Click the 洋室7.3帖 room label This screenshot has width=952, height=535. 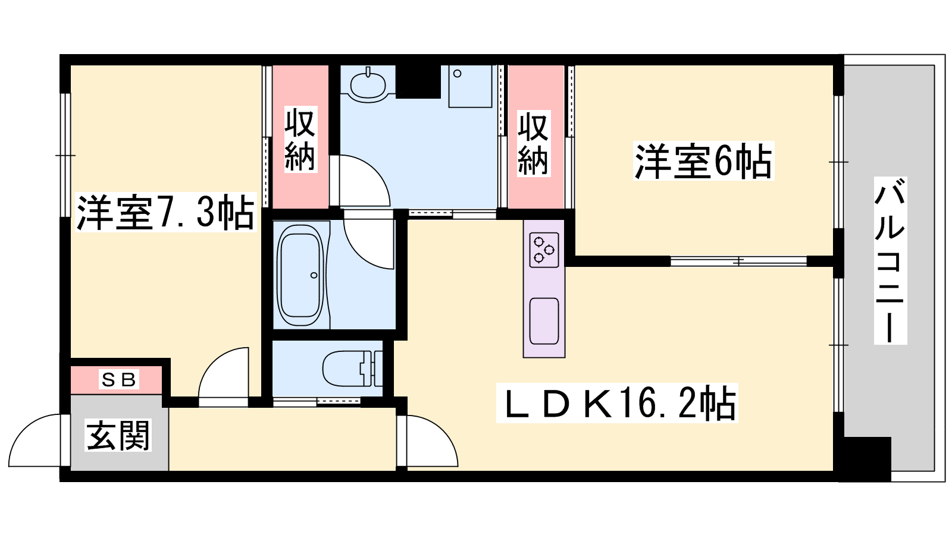pyautogui.click(x=166, y=212)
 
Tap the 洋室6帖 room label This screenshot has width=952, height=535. pyautogui.click(x=703, y=161)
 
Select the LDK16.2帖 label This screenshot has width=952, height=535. pyautogui.click(x=617, y=403)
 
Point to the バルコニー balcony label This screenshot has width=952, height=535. pyautogui.click(x=890, y=260)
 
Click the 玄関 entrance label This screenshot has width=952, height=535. pyautogui.click(x=118, y=435)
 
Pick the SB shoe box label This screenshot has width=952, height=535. pyautogui.click(x=118, y=379)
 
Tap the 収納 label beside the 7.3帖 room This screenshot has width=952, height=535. pyautogui.click(x=300, y=139)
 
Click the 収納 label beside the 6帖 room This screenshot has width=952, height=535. pyautogui.click(x=533, y=143)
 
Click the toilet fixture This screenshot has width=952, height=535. pyautogui.click(x=352, y=368)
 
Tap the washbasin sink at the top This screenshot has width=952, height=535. pyautogui.click(x=368, y=83)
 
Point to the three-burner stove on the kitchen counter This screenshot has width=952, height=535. pyautogui.click(x=544, y=250)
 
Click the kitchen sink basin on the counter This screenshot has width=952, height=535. pyautogui.click(x=544, y=321)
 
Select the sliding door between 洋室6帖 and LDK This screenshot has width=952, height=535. pyautogui.click(x=738, y=261)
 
